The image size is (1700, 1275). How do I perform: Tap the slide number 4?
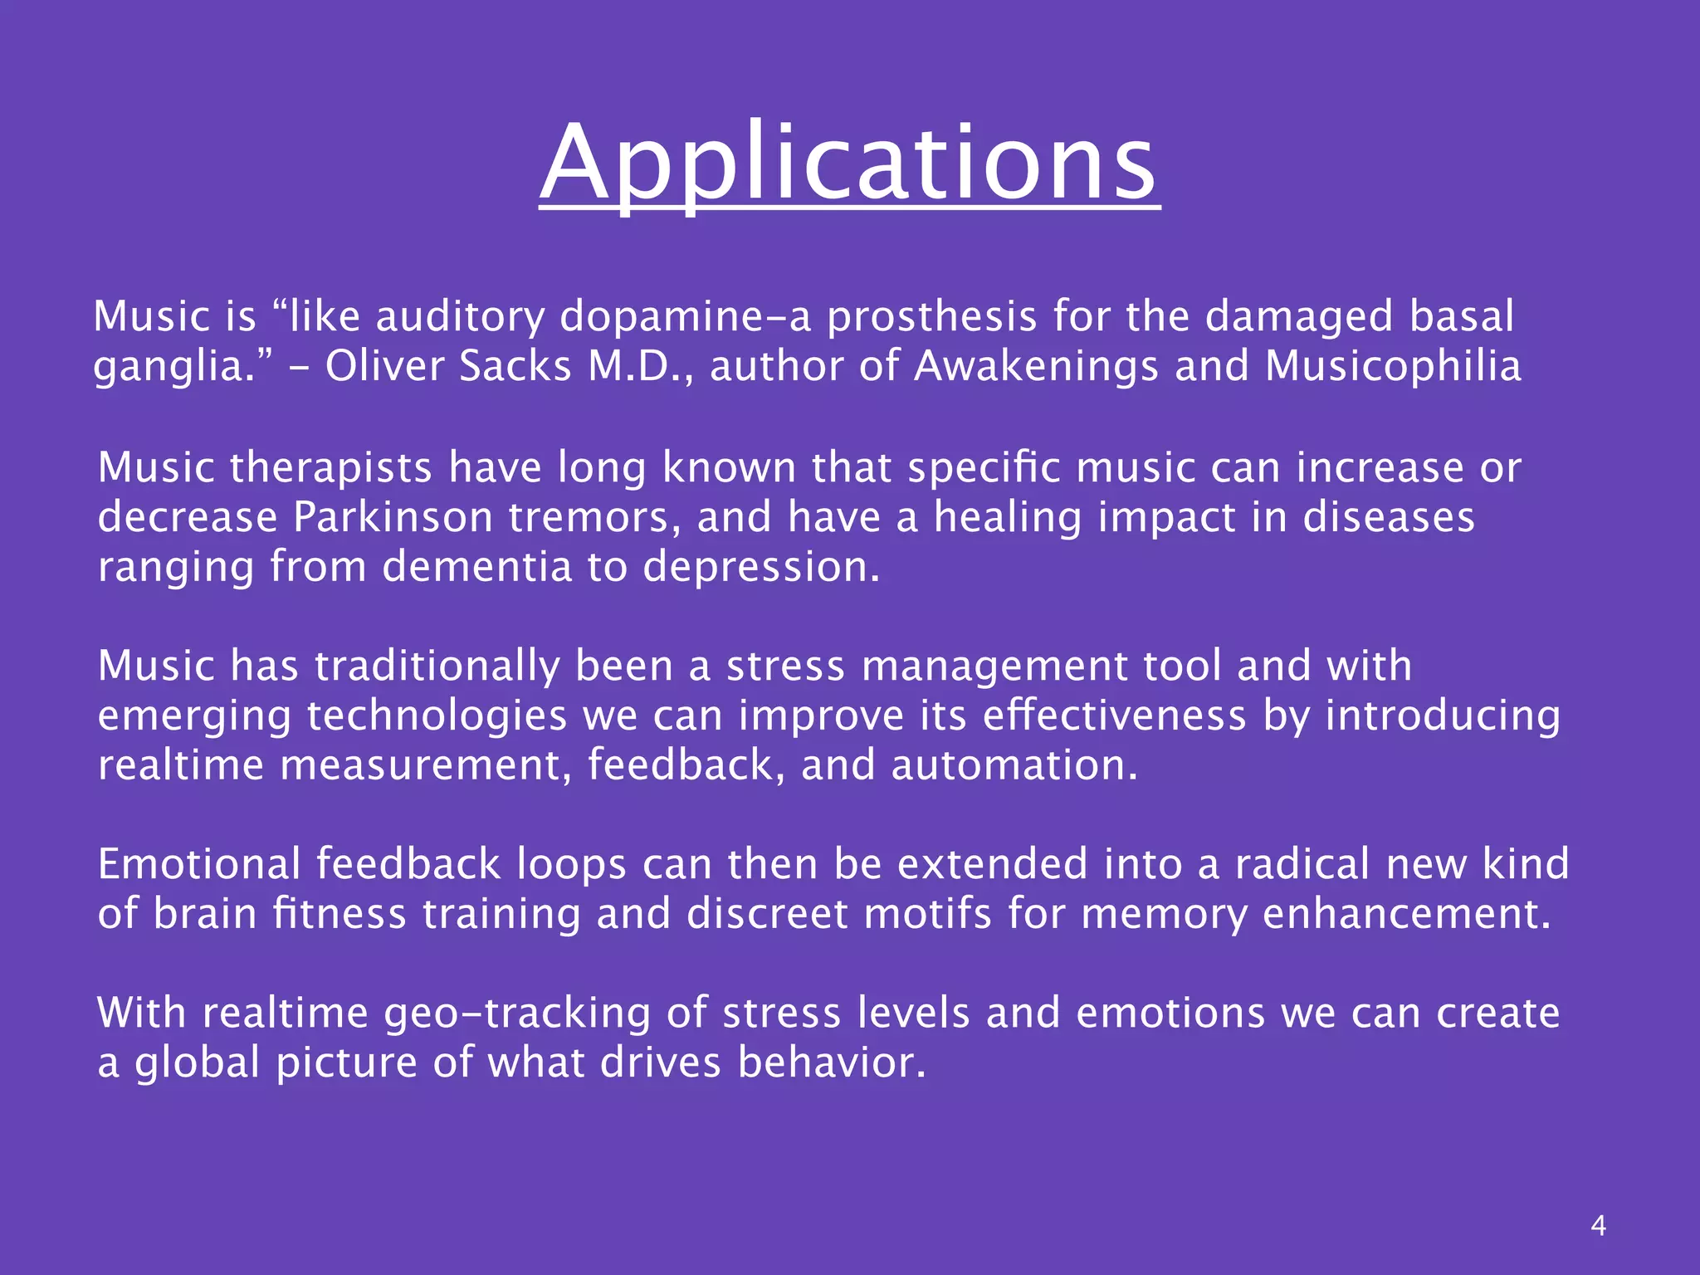click(1598, 1225)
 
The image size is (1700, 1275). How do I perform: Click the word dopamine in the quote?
click(673, 317)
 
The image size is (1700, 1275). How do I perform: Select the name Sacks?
click(515, 366)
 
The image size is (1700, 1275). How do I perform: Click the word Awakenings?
click(1035, 368)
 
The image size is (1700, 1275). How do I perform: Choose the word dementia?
click(476, 567)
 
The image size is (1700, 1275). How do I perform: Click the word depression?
click(760, 569)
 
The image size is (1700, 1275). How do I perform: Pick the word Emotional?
click(198, 864)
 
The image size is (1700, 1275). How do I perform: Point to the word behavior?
click(831, 1063)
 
